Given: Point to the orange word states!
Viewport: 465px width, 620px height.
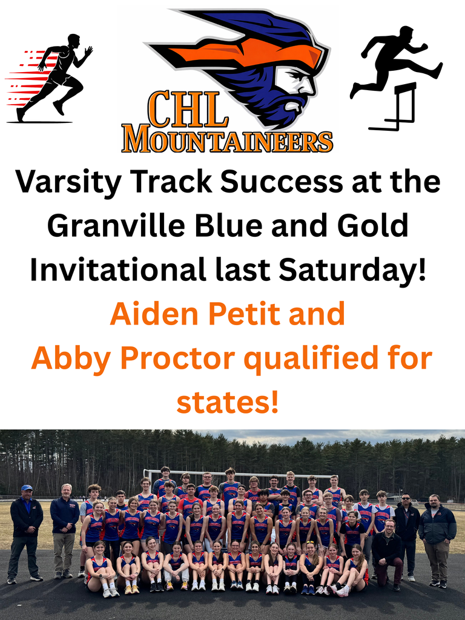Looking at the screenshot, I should coord(228,402).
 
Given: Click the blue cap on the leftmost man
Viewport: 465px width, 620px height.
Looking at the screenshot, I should coord(27,487).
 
